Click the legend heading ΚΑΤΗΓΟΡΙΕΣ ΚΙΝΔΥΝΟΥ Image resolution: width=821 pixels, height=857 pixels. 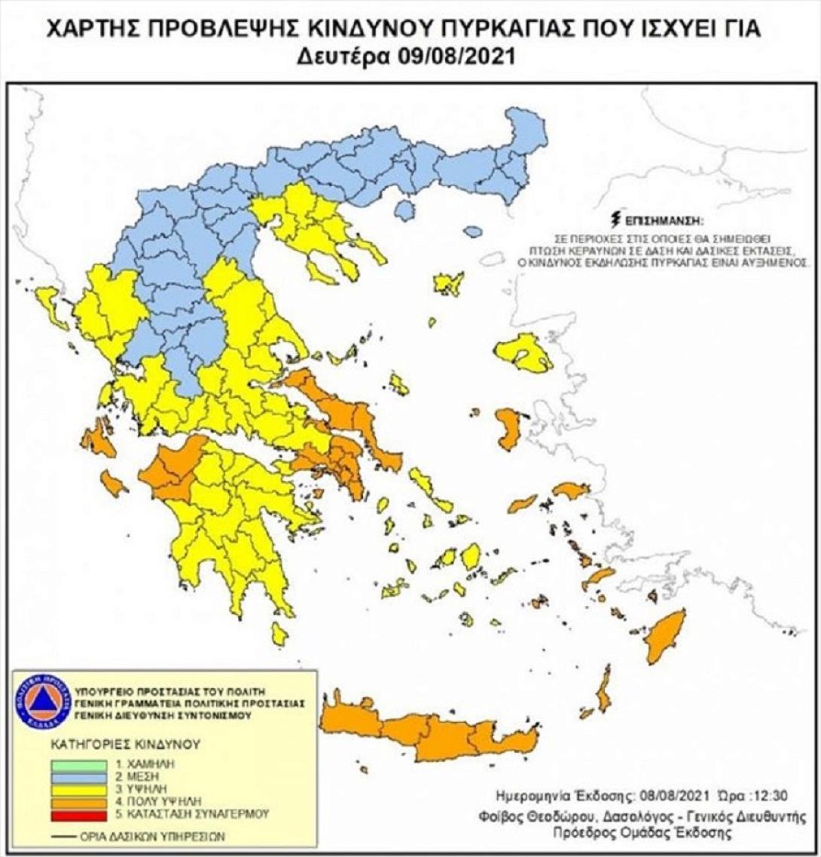pyautogui.click(x=125, y=744)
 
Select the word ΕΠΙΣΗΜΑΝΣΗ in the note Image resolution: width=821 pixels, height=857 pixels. pyautogui.click(x=664, y=222)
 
